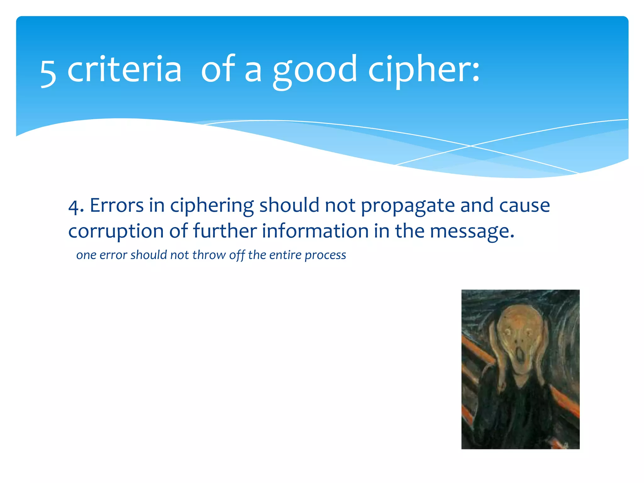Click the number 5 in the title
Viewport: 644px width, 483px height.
point(48,73)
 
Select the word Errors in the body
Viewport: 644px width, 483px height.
point(117,206)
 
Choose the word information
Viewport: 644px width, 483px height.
point(315,231)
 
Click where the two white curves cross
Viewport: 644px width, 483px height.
point(471,146)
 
